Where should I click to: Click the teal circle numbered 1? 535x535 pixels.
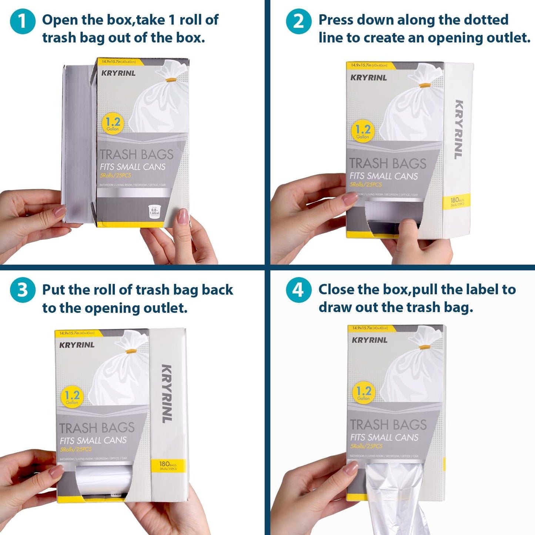(23, 21)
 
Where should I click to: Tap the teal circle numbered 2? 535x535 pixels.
(298, 21)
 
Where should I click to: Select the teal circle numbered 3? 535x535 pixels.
(23, 290)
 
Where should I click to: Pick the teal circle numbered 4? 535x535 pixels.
(298, 290)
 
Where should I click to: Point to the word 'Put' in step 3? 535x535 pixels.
(54, 290)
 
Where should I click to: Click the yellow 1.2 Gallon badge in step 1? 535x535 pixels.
(113, 124)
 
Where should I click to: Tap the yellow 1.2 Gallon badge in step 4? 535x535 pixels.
(364, 393)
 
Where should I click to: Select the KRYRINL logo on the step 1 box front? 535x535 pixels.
(118, 73)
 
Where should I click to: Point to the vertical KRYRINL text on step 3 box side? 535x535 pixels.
(167, 394)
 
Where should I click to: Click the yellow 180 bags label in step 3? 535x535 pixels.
(168, 465)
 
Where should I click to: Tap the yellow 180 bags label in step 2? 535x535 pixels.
(457, 201)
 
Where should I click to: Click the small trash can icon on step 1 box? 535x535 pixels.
(154, 211)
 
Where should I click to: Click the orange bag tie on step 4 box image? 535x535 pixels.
(424, 347)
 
